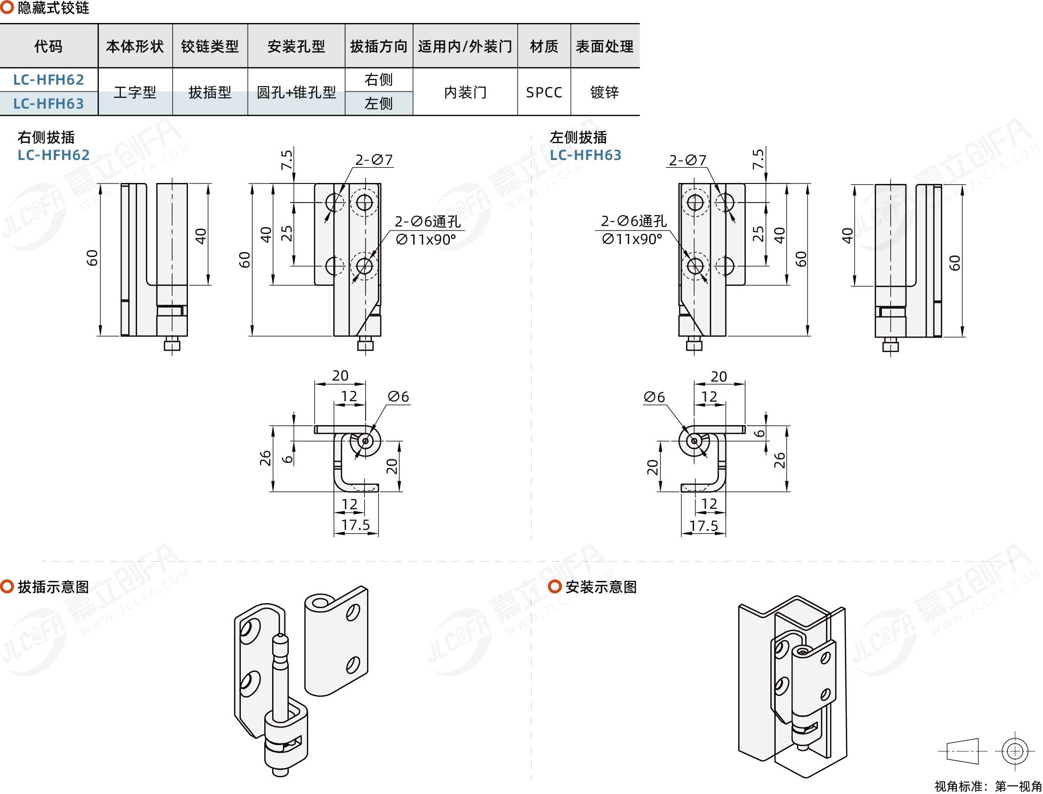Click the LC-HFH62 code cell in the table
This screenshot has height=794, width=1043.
coord(48,80)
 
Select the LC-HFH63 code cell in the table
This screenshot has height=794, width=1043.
coord(48,104)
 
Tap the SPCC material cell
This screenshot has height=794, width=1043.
coord(544,92)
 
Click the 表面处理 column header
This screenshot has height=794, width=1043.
coord(604,46)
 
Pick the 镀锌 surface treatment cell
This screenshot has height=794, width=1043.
coord(604,92)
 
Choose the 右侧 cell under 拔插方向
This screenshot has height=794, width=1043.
coord(378,80)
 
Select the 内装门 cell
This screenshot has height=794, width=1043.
coord(465,92)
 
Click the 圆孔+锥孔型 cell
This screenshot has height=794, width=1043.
coord(296,92)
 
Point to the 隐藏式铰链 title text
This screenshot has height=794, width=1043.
coord(53,8)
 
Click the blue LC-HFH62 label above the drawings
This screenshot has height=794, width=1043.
coord(54,155)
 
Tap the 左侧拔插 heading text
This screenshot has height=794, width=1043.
coord(578,137)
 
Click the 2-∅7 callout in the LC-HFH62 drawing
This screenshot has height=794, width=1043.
coord(374,160)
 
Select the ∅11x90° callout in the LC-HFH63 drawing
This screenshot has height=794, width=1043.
coord(632,239)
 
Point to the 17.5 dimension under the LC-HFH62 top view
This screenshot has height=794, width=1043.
coord(355,525)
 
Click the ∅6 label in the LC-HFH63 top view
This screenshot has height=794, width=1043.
coord(654,397)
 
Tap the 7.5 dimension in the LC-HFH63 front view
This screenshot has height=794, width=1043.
coord(758,159)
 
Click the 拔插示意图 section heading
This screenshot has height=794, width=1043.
coord(53,587)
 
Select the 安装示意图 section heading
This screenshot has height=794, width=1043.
coord(601,587)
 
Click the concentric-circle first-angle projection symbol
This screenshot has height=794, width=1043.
coord(1015,751)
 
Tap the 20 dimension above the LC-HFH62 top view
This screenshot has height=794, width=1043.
coord(340,376)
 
